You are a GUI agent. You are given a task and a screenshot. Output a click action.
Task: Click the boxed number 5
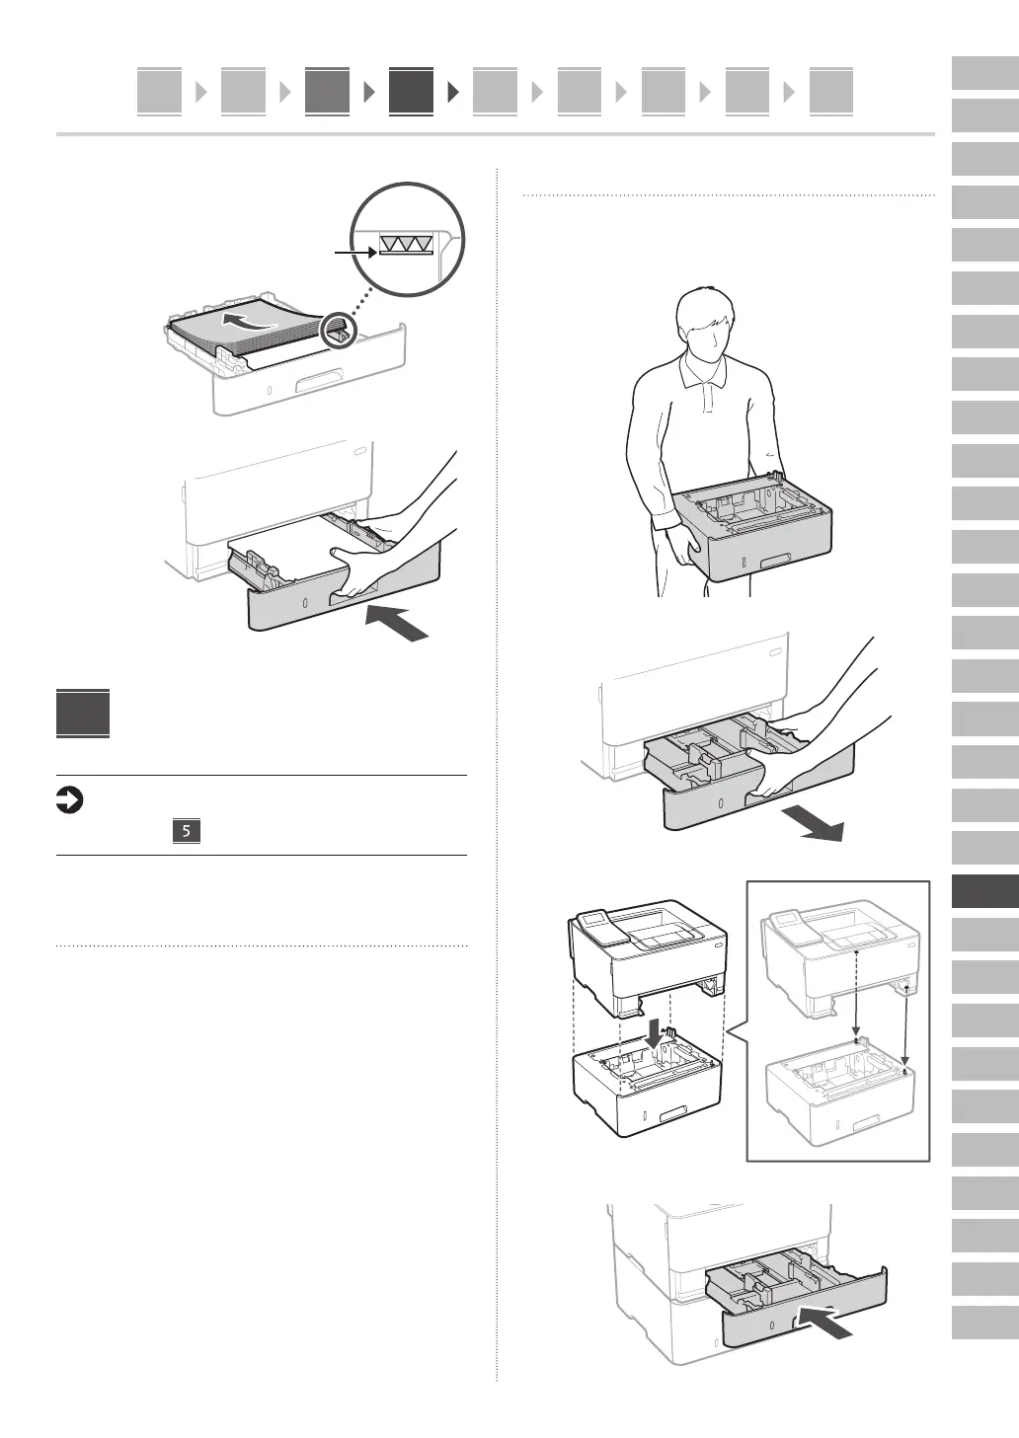pos(186,830)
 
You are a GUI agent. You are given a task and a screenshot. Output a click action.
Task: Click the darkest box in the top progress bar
pos(411,92)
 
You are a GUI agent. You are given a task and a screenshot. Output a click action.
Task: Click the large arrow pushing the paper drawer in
pos(399,624)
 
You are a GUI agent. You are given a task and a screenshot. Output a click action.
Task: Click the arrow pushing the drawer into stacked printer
pos(824,1322)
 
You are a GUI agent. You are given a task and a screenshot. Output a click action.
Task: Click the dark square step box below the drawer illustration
pos(83,713)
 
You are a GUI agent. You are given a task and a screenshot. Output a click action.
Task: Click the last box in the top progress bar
pos(830,92)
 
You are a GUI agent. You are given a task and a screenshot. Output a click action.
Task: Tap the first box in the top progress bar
pos(159,92)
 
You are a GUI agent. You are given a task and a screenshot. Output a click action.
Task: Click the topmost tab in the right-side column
pos(985,75)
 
